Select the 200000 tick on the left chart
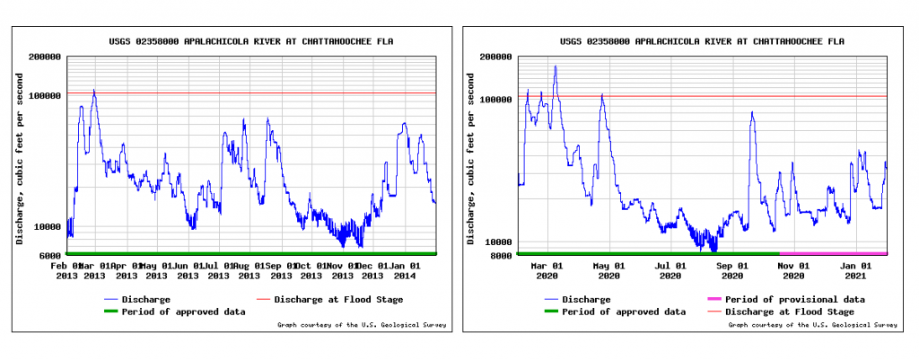[x=45, y=57]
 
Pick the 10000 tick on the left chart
[x=48, y=226]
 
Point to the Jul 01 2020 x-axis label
[x=671, y=270]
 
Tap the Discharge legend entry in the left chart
[x=144, y=299]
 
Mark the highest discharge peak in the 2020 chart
[x=555, y=66]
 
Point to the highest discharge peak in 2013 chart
[x=93, y=90]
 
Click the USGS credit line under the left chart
[x=360, y=325]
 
